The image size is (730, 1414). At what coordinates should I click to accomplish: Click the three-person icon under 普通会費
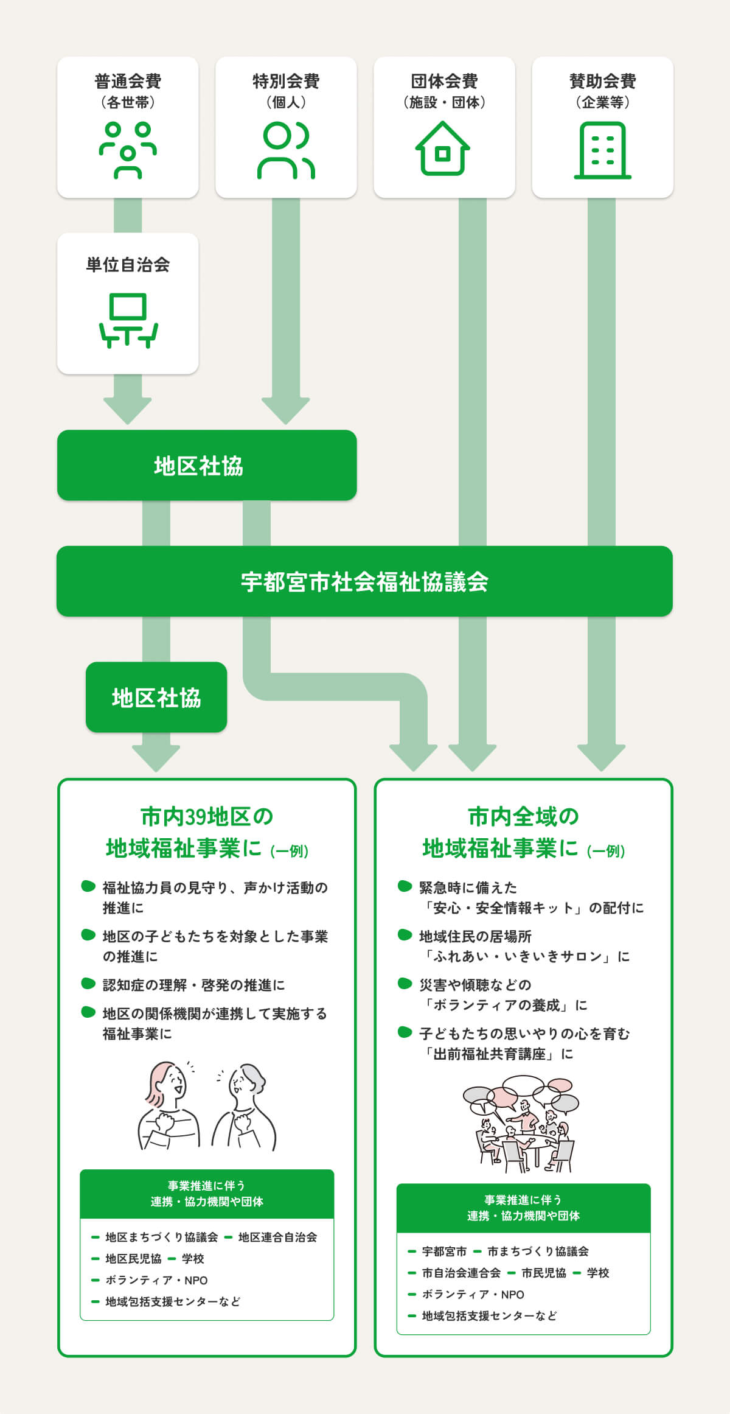(128, 150)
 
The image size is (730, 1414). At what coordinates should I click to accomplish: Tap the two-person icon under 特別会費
(286, 150)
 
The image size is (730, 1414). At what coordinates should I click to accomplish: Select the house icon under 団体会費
(443, 149)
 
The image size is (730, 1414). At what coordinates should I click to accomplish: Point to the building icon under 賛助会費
(602, 150)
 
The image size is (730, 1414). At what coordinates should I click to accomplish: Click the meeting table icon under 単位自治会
(128, 320)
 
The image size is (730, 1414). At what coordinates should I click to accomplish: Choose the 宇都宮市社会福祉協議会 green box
(364, 581)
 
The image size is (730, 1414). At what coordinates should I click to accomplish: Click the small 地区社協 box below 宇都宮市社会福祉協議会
(156, 697)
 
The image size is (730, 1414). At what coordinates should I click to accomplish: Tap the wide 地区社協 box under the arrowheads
(207, 466)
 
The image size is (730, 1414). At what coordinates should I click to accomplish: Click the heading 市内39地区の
(207, 816)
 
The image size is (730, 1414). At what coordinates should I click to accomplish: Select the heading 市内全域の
(523, 816)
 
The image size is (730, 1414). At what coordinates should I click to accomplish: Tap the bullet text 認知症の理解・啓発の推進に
(193, 985)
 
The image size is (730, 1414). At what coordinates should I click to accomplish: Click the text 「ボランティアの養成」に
(505, 1005)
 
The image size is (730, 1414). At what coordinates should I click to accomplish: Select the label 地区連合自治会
(277, 1237)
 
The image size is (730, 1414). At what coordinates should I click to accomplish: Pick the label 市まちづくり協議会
(538, 1251)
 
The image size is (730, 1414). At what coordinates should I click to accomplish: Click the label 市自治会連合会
(461, 1273)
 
